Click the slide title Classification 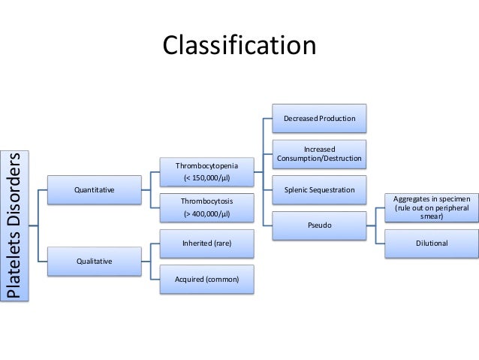tap(239, 44)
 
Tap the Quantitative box tap(94, 190)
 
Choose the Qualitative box tap(94, 261)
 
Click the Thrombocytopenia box tap(203, 171)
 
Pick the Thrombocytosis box tap(203, 208)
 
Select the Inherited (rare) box tap(203, 244)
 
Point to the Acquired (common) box tap(203, 279)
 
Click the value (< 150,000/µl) tap(203, 178)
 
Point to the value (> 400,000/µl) tap(203, 214)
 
